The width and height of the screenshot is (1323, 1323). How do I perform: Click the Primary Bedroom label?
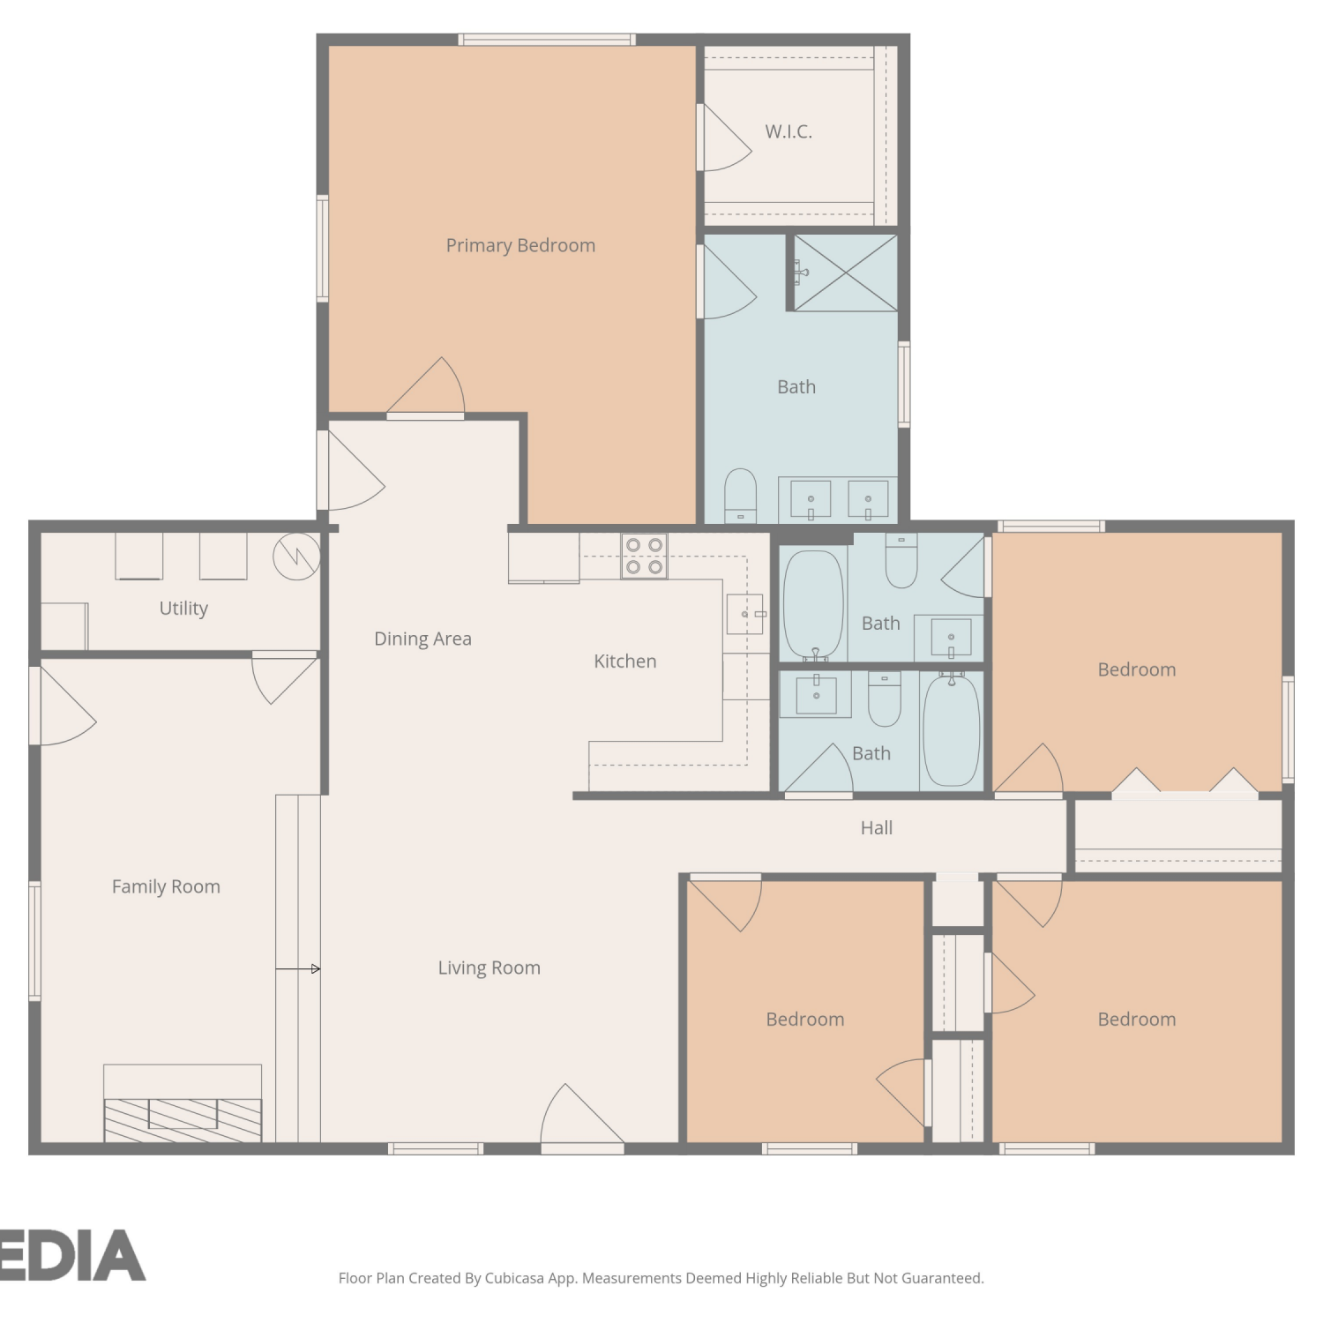point(520,245)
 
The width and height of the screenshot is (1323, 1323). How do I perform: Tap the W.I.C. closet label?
point(789,131)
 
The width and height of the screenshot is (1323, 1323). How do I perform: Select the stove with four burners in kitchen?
point(644,557)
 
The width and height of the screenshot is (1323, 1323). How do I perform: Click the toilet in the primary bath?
point(740,496)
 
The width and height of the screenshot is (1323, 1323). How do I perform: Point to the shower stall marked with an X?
point(846,273)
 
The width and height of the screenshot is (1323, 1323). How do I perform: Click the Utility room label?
point(183,609)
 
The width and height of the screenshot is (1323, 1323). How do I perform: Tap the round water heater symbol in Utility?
point(296,557)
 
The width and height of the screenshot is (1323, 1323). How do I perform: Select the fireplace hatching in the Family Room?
point(183,1120)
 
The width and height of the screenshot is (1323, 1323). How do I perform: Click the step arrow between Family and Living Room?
point(298,968)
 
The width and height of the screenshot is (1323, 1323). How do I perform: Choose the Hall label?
point(877,827)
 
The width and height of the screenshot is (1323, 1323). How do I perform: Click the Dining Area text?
point(422,639)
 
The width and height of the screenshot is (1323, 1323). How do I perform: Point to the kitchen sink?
point(744,614)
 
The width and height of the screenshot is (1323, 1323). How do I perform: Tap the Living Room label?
point(490,968)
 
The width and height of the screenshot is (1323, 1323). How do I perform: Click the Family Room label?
point(166,886)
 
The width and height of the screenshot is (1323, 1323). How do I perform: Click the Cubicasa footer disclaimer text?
point(661,1278)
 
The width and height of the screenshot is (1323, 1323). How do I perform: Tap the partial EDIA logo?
point(72,1254)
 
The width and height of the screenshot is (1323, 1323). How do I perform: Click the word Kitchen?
point(625,661)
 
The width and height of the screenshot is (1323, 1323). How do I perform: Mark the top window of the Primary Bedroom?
point(547,40)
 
